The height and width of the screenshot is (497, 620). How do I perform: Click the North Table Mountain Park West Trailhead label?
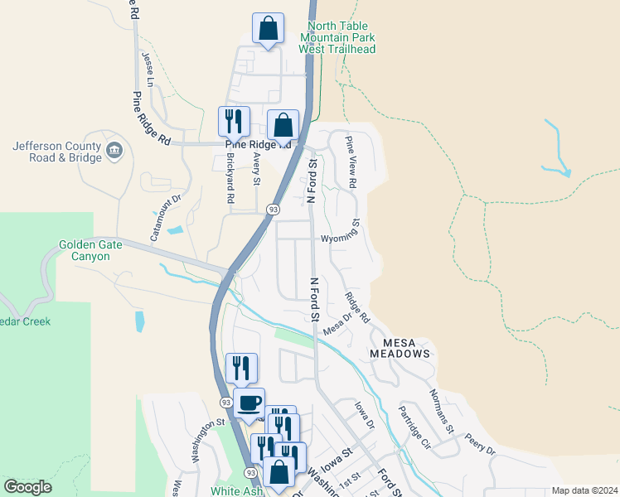[337, 37]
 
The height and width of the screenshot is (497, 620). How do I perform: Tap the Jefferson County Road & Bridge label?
[52, 152]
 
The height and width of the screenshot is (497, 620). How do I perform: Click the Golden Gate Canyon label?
[90, 250]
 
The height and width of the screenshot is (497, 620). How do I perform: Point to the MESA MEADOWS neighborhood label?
[406, 348]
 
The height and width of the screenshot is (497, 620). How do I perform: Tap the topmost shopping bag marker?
[268, 29]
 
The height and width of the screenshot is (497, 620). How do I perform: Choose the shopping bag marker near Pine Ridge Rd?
[283, 126]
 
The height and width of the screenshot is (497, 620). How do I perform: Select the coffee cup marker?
[249, 404]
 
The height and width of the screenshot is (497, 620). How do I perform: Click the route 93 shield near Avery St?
[273, 210]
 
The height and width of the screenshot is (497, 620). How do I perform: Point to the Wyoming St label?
[341, 233]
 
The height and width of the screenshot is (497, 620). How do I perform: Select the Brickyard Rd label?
[230, 177]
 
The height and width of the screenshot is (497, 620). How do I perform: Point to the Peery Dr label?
[479, 444]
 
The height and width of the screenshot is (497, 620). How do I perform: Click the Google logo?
[27, 487]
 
